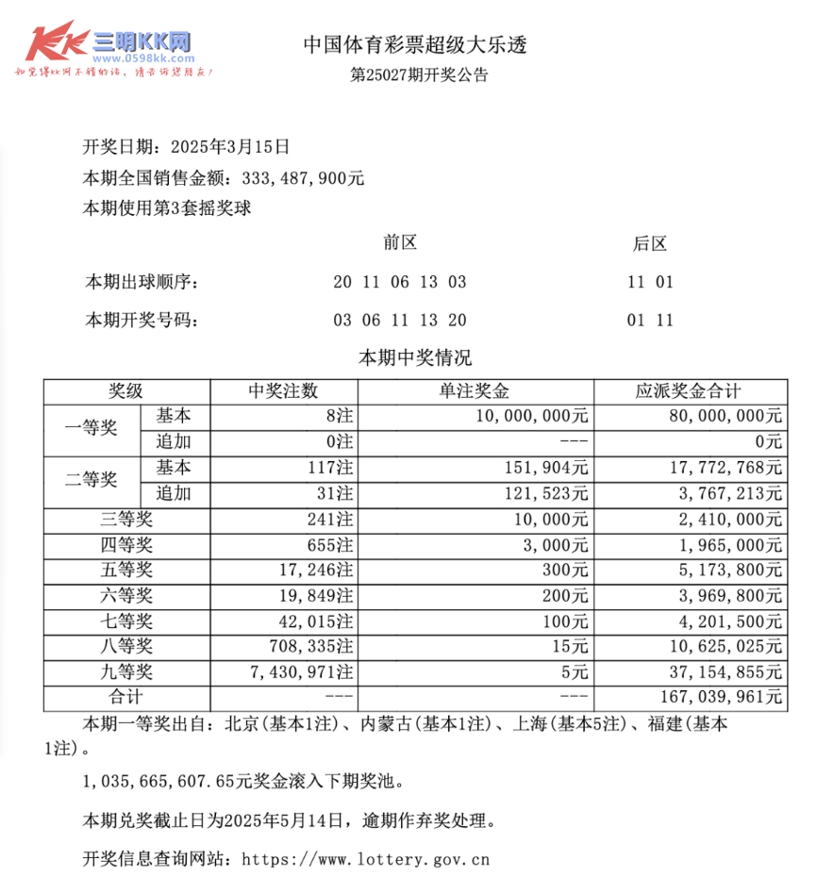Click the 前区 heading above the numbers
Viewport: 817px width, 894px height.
(x=400, y=243)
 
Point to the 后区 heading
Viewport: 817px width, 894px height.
(x=649, y=244)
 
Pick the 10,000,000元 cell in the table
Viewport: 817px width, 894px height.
(x=534, y=416)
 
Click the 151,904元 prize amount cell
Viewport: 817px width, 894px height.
(x=555, y=468)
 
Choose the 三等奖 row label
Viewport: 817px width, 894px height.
(x=127, y=519)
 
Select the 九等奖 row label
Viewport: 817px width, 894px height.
(x=127, y=672)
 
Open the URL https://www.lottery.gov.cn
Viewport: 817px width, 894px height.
(x=366, y=860)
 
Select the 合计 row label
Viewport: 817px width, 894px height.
(x=127, y=698)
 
